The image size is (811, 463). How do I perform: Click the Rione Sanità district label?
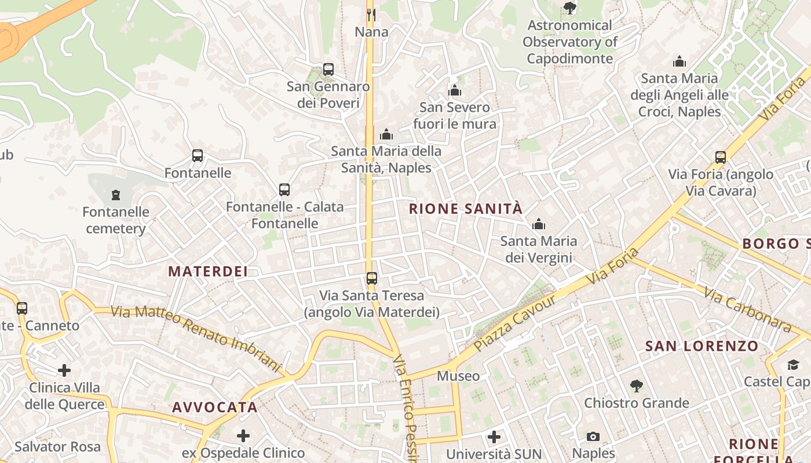pos(466,209)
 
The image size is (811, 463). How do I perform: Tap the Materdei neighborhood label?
pos(208,271)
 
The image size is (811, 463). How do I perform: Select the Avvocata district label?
pos(215,407)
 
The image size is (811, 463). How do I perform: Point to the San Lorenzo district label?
pos(702,347)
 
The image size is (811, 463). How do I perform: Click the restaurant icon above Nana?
pos(371,14)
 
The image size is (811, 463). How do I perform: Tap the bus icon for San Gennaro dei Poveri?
pos(328,69)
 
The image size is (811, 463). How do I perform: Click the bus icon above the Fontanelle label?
pos(198,156)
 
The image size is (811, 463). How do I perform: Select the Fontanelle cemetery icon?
pos(116,195)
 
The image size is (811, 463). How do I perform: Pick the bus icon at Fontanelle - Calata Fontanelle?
pos(284,190)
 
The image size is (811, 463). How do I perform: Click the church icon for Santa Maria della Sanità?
pos(386,135)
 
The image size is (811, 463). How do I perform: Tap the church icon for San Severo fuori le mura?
pos(455,90)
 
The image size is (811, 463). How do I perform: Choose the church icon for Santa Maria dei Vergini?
pos(539,224)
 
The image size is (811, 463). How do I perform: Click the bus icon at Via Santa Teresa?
pos(372,278)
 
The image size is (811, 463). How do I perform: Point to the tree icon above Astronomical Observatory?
pos(570,8)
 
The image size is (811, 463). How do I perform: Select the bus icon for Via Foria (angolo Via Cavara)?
pos(721,157)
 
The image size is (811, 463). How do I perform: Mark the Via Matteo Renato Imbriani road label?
pos(196,338)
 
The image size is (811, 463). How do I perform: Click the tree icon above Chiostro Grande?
pos(636,386)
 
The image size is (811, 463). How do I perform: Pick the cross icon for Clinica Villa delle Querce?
pos(64,370)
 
